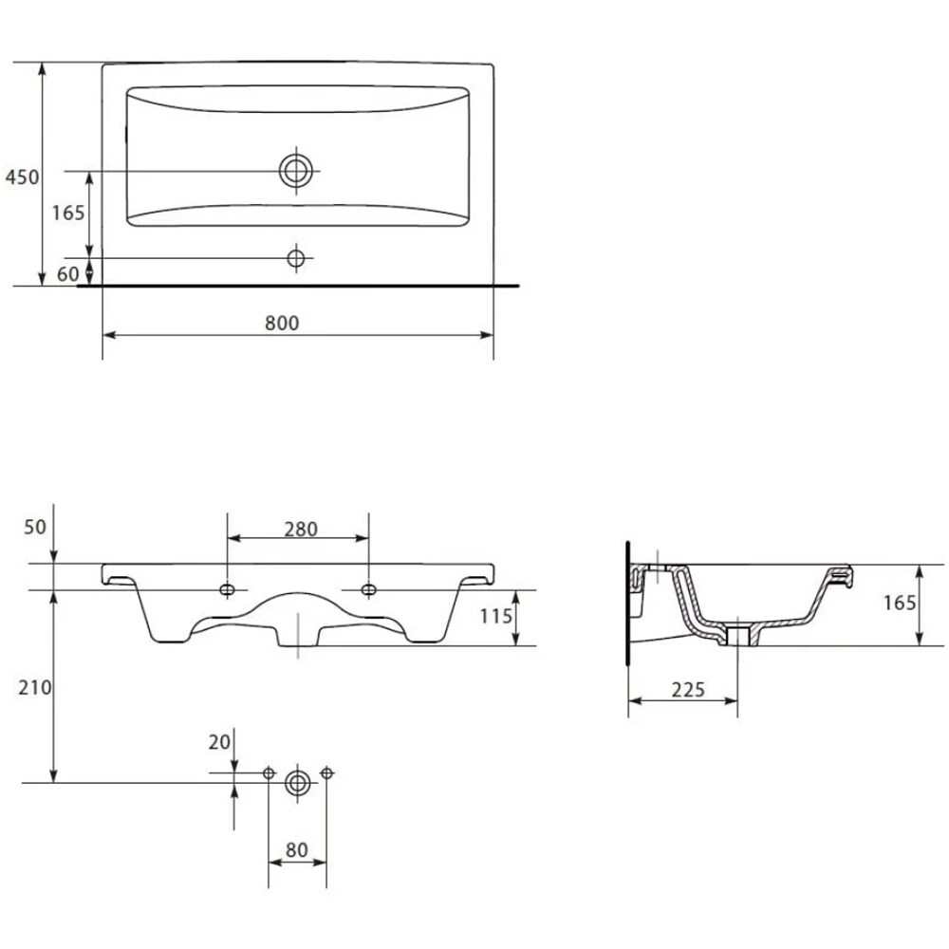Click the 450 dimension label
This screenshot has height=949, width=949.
(22, 177)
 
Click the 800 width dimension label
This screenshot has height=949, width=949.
(282, 324)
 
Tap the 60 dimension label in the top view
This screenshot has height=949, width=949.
(67, 274)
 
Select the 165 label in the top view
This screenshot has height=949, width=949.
(67, 213)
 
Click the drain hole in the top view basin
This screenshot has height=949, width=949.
(296, 171)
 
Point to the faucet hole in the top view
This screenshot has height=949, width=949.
(296, 258)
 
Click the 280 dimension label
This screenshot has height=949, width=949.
(301, 530)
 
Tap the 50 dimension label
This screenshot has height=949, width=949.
(35, 527)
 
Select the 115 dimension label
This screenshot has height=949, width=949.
(496, 616)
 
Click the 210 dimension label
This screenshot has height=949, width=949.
(34, 687)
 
